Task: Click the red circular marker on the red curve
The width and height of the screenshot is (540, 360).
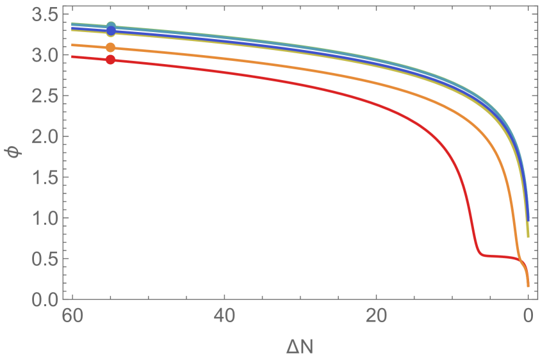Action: (111, 60)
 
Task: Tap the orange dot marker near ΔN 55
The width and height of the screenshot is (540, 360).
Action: (111, 47)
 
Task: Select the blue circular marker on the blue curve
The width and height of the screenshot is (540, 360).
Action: (111, 30)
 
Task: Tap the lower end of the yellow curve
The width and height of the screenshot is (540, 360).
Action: (528, 236)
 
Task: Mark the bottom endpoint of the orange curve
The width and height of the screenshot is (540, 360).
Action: (528, 285)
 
